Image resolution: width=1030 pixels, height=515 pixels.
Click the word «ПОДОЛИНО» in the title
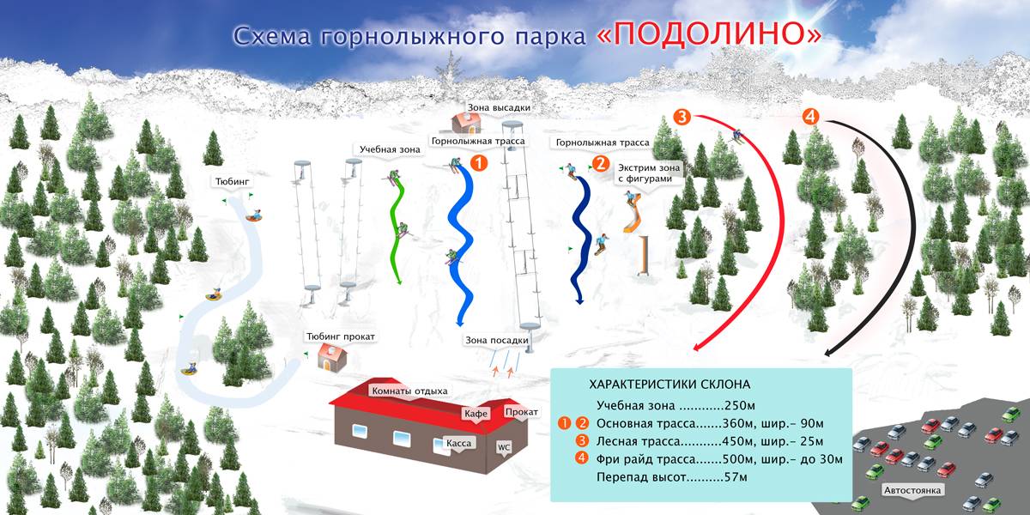point(709,34)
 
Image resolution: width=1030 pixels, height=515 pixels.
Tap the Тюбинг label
point(233,182)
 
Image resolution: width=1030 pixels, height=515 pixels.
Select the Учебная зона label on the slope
point(390,149)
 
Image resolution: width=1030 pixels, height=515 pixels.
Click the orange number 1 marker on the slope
point(479,163)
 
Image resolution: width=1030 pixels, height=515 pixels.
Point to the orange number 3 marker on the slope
point(682,117)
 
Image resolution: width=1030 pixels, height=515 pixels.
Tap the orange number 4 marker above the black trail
point(810,117)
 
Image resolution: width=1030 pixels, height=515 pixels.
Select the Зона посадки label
point(497,340)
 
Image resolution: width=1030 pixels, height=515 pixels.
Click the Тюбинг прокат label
point(341,336)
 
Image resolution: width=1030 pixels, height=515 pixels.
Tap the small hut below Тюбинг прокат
point(332,358)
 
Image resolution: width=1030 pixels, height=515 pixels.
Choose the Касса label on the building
point(459,443)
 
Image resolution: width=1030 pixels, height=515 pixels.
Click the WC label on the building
point(504,447)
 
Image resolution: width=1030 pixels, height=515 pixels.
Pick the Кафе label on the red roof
point(476,414)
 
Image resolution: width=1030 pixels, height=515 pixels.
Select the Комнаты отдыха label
point(409,391)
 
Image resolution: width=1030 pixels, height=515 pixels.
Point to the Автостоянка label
point(912,490)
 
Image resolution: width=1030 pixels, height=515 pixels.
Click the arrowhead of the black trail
point(828,352)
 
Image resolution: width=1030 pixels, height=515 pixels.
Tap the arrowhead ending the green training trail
point(400,281)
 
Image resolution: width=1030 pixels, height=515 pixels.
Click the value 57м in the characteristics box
point(736,477)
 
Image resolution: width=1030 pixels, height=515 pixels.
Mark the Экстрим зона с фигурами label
point(647,173)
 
